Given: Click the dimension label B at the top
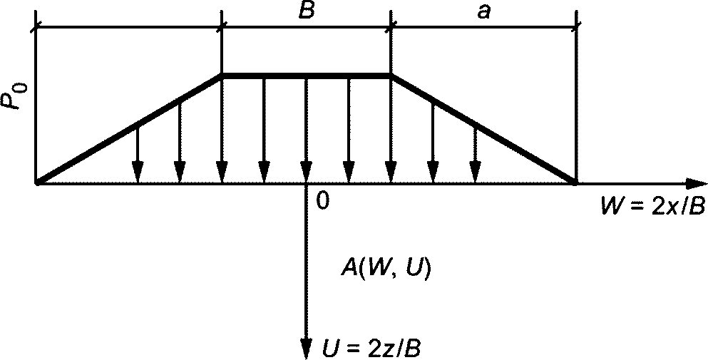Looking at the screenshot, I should click(307, 11).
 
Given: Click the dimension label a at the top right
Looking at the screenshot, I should click(483, 12).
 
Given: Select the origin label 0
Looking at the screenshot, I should click(322, 202).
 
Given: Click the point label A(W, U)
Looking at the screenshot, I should click(385, 270).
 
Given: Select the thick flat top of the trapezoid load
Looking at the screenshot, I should click(307, 74).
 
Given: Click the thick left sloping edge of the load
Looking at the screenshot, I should click(128, 129).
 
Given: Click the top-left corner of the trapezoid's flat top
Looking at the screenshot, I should click(222, 74).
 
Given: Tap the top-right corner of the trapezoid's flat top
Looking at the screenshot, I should click(391, 74).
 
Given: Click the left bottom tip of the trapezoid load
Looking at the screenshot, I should click(37, 183).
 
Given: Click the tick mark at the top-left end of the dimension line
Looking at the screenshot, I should click(35, 27).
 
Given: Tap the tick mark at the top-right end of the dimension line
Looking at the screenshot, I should click(576, 27).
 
